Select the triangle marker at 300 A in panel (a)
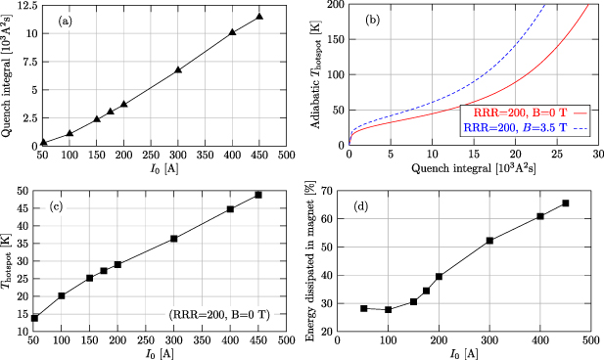tap(178, 70)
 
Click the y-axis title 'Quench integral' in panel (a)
tap(9, 74)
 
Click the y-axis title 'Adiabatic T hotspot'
tap(318, 74)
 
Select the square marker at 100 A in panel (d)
tap(389, 310)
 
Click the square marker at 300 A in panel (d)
tap(489, 241)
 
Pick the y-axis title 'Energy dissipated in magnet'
tap(318, 258)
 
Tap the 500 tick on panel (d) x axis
tap(591, 341)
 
